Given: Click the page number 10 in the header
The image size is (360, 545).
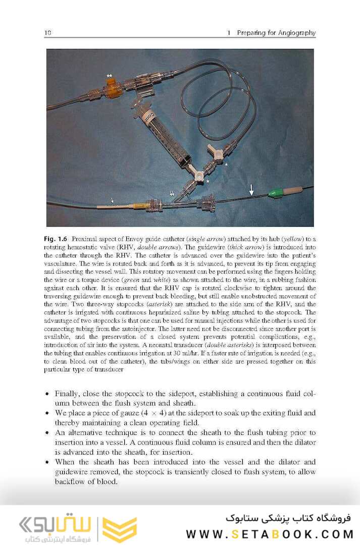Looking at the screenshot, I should pos(48,33).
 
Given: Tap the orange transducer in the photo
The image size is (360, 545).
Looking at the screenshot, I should pos(112,89).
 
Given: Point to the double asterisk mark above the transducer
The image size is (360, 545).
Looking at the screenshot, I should pos(110,76).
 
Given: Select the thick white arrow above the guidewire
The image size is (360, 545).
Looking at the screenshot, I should pos(251,190).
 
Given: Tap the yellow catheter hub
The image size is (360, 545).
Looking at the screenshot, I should pos(138,206).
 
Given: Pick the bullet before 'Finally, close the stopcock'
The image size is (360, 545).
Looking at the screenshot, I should pos(47,394).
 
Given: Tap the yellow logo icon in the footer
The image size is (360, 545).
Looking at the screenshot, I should pos(120,529).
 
